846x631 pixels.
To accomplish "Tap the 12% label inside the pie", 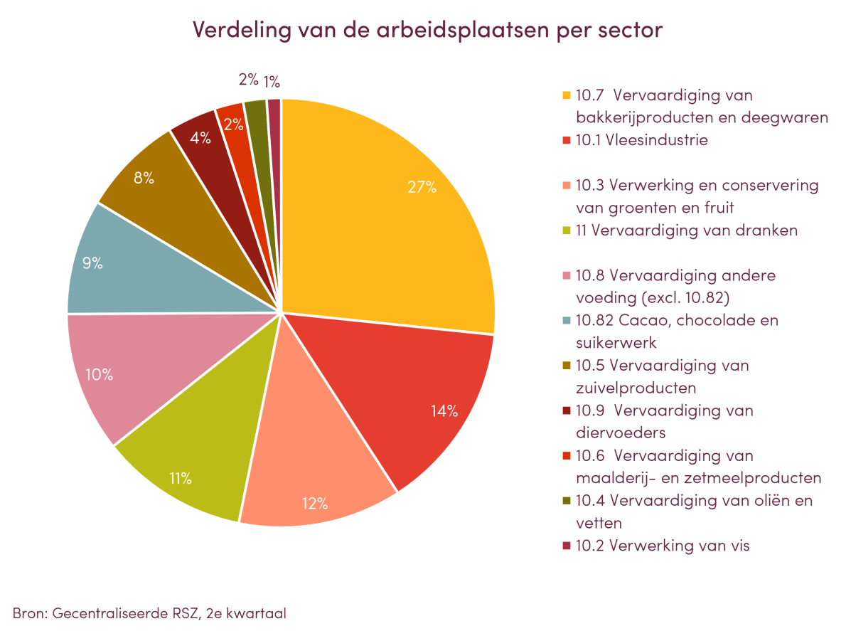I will (x=314, y=504).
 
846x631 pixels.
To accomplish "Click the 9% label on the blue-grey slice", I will (x=92, y=263).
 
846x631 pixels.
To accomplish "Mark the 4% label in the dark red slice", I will (x=200, y=139).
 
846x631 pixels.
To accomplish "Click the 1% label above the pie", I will (x=272, y=82).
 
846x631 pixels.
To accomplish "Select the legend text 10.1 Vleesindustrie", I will (x=641, y=141).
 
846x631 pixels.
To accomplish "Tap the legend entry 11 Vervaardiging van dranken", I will (x=687, y=230).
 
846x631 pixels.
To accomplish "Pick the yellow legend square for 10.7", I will (x=566, y=95).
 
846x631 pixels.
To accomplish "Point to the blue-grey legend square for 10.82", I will (x=566, y=321).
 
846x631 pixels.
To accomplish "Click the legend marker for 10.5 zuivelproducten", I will (x=566, y=366).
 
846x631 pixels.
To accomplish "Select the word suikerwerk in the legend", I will (x=616, y=343).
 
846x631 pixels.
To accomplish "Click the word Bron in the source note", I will (x=27, y=613).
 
